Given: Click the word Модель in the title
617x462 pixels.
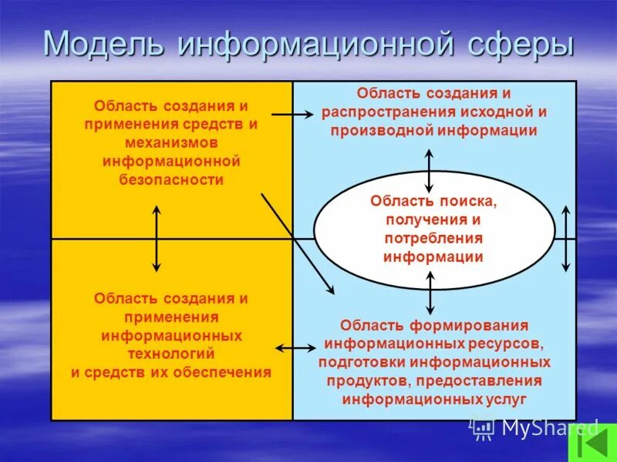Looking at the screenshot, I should [104, 44].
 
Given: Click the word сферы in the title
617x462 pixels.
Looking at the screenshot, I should [521, 44].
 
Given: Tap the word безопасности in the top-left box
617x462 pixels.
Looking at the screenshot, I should [171, 180].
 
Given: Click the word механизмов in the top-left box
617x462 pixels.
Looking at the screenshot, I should [171, 142].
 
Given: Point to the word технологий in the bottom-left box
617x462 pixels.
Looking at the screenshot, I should [171, 353].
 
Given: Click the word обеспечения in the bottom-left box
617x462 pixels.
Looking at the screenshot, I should [224, 372].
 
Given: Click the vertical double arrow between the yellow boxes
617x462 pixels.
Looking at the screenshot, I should [157, 239].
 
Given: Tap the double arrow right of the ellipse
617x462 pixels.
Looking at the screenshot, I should [565, 239].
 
